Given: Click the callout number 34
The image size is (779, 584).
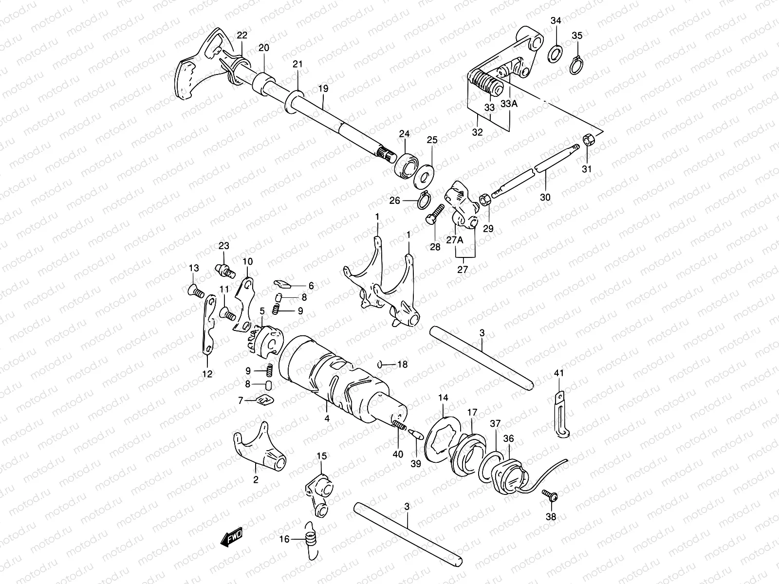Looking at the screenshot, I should pos(556,20).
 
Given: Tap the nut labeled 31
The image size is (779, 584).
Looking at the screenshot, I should pos(589,141).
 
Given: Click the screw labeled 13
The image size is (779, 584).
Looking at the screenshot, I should pos(195,291).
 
